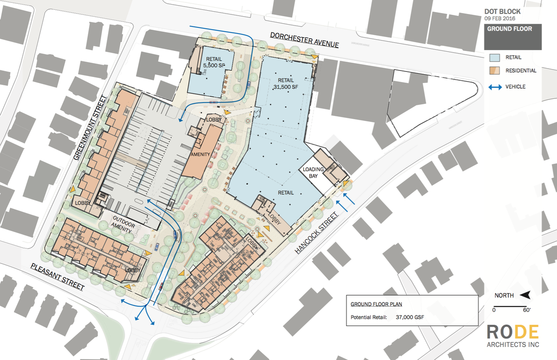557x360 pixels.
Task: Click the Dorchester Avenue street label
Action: pos(304,39)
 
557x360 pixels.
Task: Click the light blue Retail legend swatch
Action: pos(495,58)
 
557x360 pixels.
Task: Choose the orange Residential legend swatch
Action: pos(495,71)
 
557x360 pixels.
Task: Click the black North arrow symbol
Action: pos(524,295)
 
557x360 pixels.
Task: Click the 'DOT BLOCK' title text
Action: pos(502,12)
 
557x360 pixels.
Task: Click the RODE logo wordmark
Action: pos(513,332)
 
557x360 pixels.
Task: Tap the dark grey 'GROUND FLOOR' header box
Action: pos(512,37)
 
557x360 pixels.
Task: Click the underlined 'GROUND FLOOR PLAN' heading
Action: pos(376,304)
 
